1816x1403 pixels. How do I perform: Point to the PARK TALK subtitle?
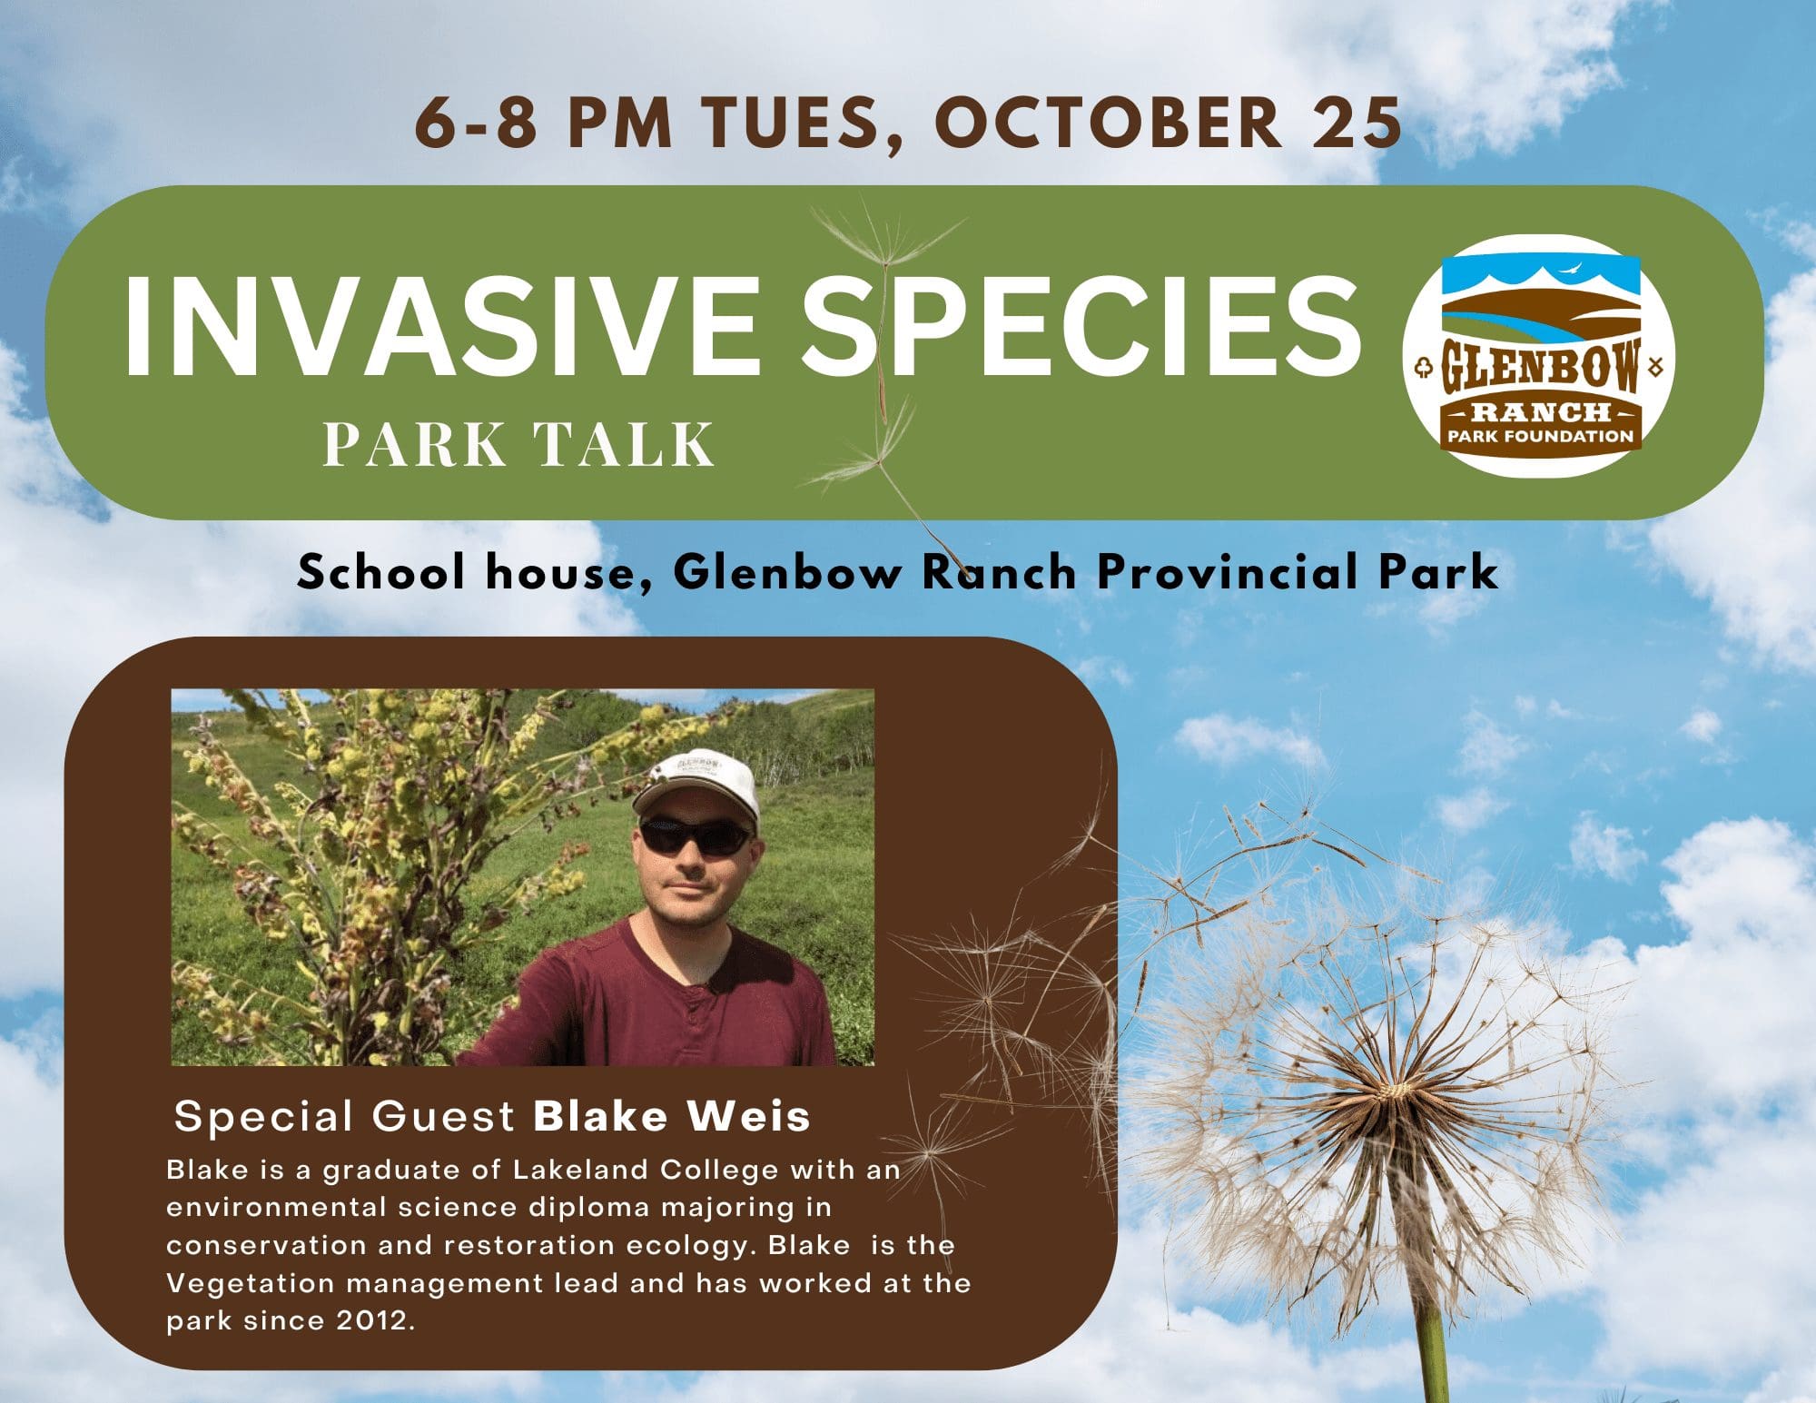click(x=518, y=445)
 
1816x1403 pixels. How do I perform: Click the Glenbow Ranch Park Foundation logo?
click(x=1540, y=356)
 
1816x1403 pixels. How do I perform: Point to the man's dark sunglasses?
click(x=696, y=836)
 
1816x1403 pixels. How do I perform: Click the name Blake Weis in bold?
click(x=672, y=1116)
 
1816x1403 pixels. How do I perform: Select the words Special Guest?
click(x=345, y=1116)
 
